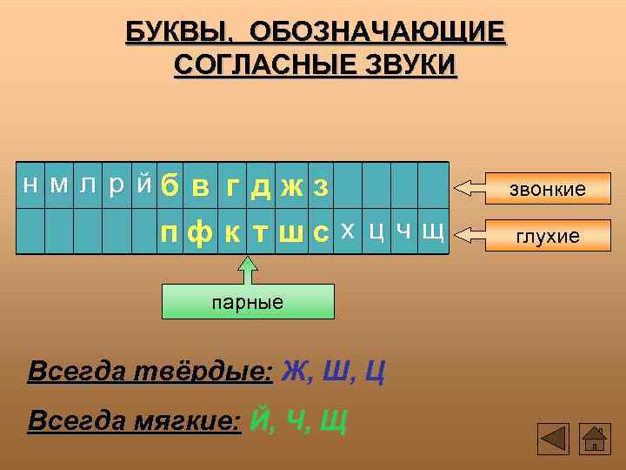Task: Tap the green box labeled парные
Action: tap(249, 302)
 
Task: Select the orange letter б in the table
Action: tap(170, 185)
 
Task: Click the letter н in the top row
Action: tap(30, 185)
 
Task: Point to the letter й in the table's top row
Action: tap(145, 183)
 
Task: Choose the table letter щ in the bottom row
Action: tap(432, 232)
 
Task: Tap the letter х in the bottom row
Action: tap(347, 231)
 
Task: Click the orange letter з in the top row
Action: tap(320, 186)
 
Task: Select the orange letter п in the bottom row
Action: tap(170, 232)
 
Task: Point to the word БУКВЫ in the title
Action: tap(178, 32)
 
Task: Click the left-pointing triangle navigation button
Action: tap(553, 438)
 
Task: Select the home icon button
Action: tap(594, 438)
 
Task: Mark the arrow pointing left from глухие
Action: tap(474, 233)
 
